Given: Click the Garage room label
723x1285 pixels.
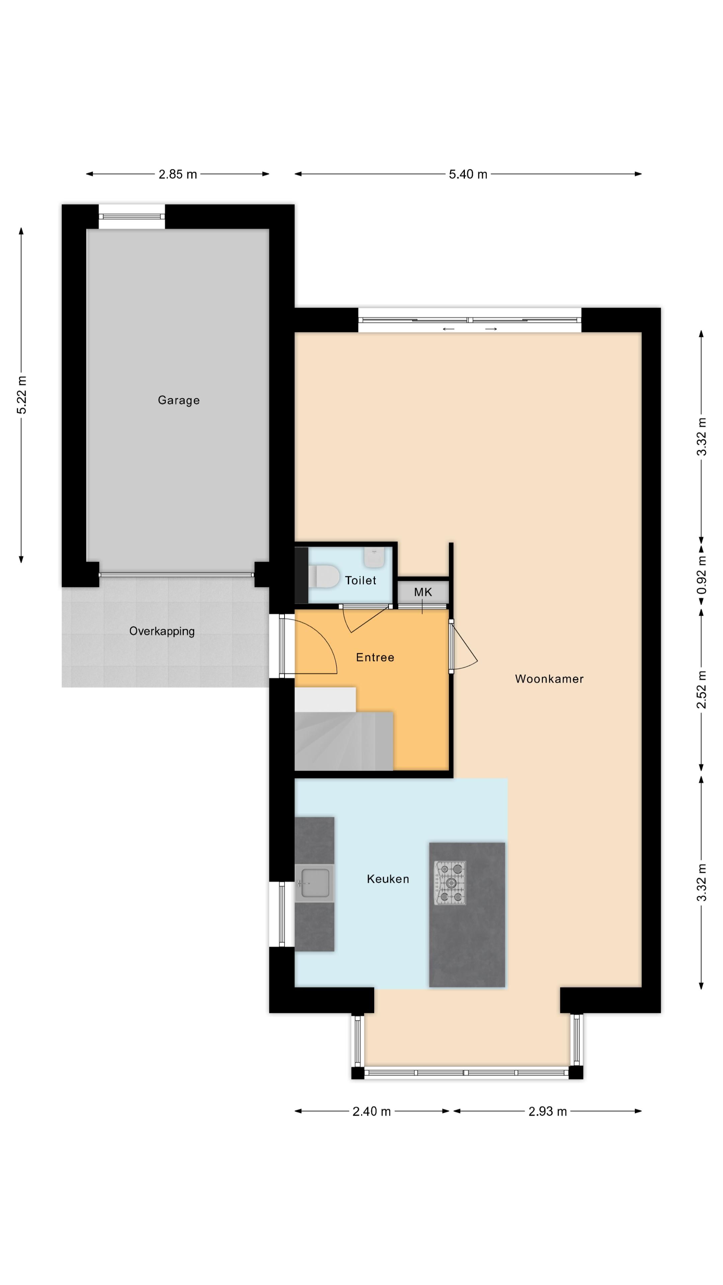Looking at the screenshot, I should coord(179,400).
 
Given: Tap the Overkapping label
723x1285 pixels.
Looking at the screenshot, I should coord(162,631).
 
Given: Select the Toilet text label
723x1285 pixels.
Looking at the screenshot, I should coord(360,580).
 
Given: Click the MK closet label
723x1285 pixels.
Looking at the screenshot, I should coord(423,592).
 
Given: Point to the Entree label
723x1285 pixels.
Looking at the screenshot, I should coord(375,658).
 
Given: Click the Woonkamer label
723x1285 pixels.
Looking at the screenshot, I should coord(549,679).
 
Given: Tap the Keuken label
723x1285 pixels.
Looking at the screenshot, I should coord(388,879).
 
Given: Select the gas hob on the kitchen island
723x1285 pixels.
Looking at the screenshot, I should coord(450,883).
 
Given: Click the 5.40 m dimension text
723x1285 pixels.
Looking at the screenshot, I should coord(468,174).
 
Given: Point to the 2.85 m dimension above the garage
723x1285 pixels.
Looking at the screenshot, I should coord(178,174).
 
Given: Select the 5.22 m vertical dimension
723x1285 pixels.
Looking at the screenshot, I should coord(21,395).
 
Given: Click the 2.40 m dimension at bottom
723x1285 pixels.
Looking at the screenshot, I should coord(371,1111).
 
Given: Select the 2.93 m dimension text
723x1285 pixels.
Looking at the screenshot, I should coord(547,1111).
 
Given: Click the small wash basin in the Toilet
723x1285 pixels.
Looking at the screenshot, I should coord(374,557).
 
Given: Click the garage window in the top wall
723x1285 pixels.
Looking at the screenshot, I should coord(132,217).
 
